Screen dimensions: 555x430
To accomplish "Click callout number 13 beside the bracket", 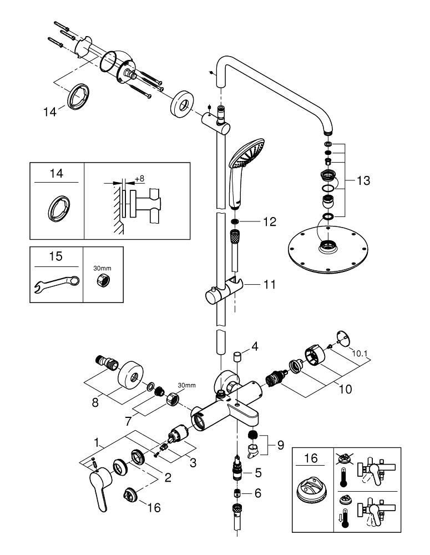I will pos(363,181).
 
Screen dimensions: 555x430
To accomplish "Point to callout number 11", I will pos(270,285).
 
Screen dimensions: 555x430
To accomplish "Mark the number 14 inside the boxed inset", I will pos(55,174).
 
